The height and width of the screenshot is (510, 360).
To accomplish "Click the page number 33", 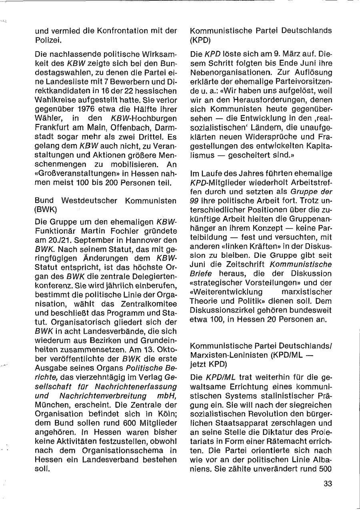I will [328, 483].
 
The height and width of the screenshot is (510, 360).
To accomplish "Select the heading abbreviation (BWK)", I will [46, 209].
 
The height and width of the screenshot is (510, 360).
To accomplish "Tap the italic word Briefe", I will [201, 273].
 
